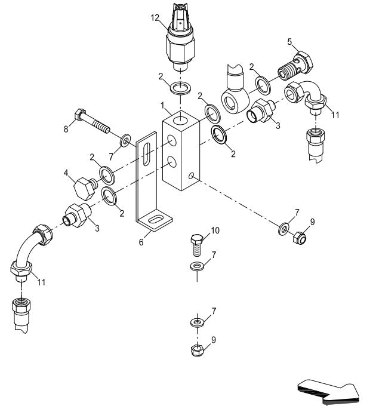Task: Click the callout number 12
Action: pos(155,18)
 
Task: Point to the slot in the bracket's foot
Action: pos(154,221)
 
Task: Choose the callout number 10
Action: pos(215,231)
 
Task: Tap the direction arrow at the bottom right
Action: pos(330,391)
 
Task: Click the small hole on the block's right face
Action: pos(191,176)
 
